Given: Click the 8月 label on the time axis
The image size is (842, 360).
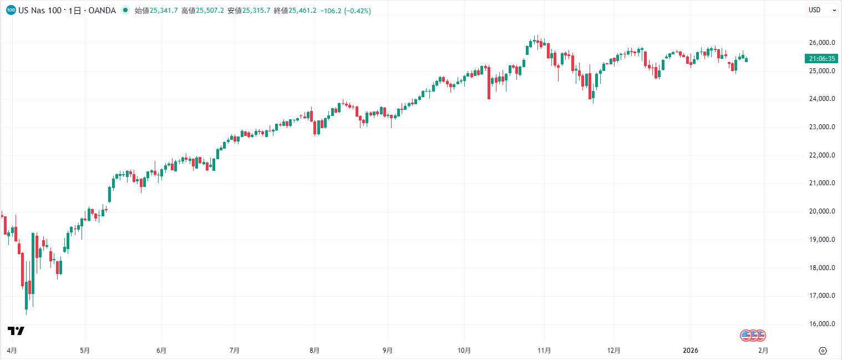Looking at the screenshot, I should (315, 351).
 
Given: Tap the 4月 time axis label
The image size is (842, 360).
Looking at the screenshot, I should (12, 351).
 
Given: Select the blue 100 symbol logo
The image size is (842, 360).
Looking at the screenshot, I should (11, 11).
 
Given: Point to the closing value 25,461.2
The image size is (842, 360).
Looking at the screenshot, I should (302, 11).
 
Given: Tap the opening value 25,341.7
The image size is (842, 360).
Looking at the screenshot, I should (164, 11).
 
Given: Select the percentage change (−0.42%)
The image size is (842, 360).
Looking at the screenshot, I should (358, 11).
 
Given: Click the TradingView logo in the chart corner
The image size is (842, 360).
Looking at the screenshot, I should (16, 331).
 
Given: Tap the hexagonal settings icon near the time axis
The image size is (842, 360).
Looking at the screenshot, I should (823, 351).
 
